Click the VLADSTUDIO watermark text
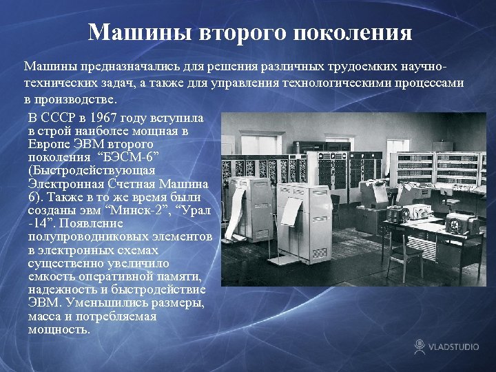coord(454,347)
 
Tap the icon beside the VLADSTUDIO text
coord(420,346)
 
